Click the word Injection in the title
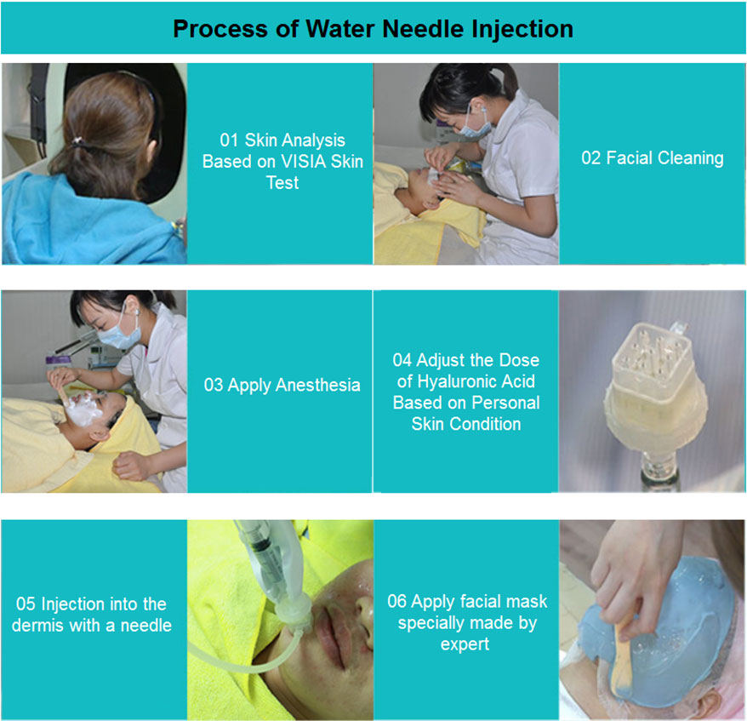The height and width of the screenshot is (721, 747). pos(522,30)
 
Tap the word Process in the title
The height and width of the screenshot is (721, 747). pos(220,29)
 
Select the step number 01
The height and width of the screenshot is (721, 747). pos(229,140)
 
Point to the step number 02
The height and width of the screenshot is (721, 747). pos(591,158)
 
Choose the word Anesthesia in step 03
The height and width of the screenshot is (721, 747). pos(317,385)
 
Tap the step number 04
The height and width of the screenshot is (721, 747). pos(402,360)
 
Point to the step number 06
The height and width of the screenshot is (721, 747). pos(397,601)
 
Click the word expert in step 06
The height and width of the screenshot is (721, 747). pos(465,644)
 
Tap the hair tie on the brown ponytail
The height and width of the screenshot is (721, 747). pos(77,141)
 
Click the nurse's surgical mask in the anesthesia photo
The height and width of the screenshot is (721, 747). pos(120,333)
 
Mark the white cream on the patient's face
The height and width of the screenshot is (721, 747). pos(83,409)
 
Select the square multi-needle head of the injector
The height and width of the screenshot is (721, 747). pos(652,352)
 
